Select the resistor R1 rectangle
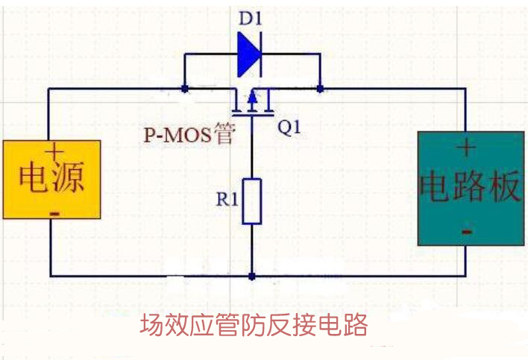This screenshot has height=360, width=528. tap(252, 200)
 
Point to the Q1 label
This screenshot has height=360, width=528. tap(289, 127)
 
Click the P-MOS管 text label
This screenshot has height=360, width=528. tap(189, 135)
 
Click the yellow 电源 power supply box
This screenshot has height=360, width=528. tap(51, 178)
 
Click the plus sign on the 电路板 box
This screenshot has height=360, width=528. tap(467, 148)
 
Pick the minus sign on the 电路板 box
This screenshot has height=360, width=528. tap(467, 232)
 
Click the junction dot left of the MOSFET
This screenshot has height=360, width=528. tap(184, 89)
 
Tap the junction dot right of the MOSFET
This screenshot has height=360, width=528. tap(320, 89)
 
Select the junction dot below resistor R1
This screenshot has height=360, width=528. tap(252, 276)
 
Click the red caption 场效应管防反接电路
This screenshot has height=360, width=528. tap(254, 326)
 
